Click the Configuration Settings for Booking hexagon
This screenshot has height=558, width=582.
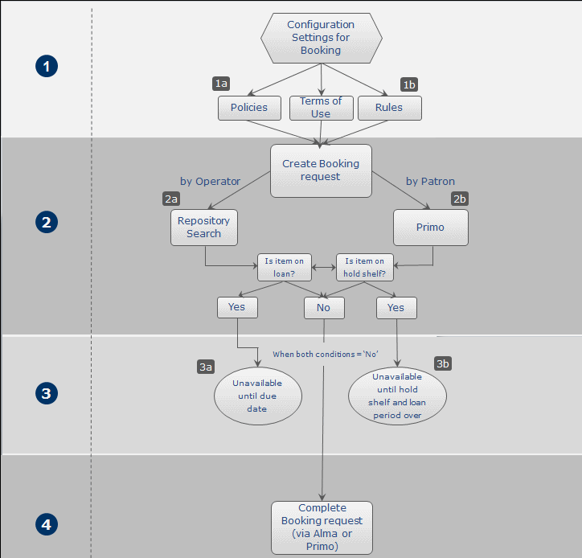[x=322, y=38]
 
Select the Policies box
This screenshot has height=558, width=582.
[x=249, y=108]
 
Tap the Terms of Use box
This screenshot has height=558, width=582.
[x=322, y=108]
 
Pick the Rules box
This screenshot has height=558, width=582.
[x=390, y=108]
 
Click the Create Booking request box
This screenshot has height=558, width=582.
[x=321, y=170]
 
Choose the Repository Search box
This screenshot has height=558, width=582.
[x=204, y=228]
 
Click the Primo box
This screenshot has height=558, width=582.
[x=431, y=228]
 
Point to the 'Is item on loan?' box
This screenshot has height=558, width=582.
[x=285, y=267]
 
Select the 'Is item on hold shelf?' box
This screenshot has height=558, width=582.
[x=365, y=267]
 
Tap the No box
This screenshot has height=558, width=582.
[x=325, y=308]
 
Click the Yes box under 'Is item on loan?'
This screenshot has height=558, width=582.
[x=238, y=307]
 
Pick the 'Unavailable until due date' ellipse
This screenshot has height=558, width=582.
[x=258, y=396]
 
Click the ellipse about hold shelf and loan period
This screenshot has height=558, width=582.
[x=398, y=396]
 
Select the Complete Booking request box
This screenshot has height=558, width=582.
[x=322, y=527]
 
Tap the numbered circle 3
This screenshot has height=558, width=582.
[x=47, y=393]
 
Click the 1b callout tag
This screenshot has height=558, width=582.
[x=409, y=84]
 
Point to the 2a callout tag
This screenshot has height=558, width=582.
[x=171, y=199]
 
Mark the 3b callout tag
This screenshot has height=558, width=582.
[x=443, y=364]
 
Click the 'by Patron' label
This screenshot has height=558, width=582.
[x=430, y=182]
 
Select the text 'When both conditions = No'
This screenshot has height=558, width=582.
[x=326, y=355]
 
